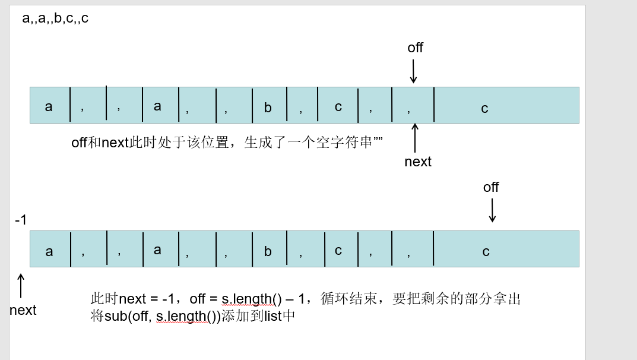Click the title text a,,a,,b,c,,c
55,18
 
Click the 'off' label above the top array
415,48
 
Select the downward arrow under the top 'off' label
413,71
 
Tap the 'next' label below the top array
417,162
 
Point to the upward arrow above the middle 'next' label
415,138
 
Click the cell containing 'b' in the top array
270,105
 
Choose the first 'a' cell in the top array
50,105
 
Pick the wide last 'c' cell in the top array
506,105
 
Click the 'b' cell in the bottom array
270,249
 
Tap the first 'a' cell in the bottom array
50,249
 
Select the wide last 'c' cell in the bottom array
506,249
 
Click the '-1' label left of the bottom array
21,220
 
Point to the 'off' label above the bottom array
491,187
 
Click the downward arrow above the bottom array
492,210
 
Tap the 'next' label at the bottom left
23,310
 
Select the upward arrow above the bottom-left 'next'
21,286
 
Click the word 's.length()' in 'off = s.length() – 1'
252,299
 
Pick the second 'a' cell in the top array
160,105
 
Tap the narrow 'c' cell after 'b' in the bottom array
341,249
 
